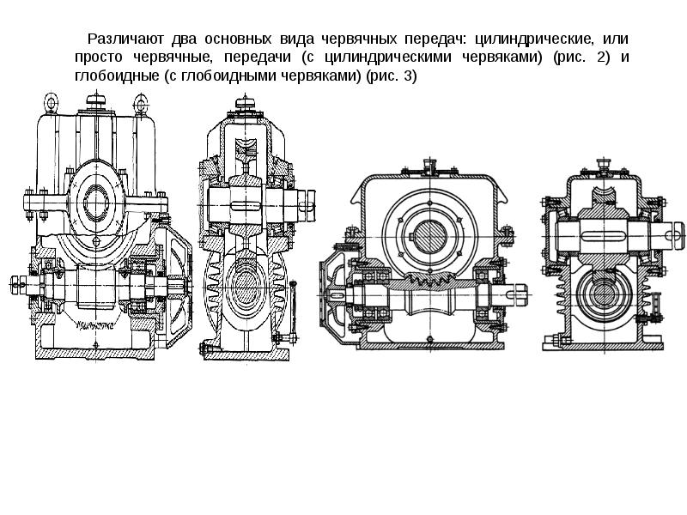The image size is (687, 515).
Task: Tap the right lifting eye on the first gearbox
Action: click(139, 104)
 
